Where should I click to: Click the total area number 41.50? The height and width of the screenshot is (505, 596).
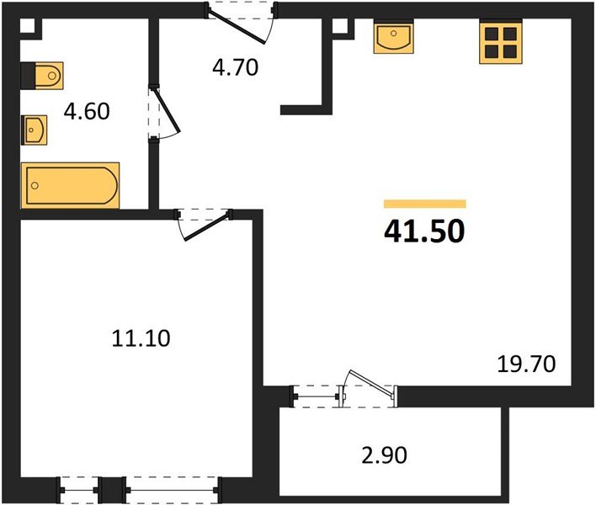click(x=423, y=231)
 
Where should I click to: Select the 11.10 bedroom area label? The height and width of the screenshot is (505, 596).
click(x=141, y=338)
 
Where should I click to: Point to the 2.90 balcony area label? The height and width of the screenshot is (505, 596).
click(x=384, y=456)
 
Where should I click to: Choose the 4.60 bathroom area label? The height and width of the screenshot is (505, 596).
click(x=88, y=111)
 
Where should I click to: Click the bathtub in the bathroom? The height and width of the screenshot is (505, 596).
click(x=70, y=184)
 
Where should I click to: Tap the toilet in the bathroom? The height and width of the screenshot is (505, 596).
click(x=41, y=76)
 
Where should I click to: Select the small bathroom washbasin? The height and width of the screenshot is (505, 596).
click(x=35, y=130)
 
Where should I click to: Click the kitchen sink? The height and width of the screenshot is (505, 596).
click(x=392, y=38)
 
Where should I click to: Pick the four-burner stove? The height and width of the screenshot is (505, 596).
click(x=500, y=42)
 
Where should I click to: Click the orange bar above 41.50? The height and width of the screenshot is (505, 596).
click(x=424, y=204)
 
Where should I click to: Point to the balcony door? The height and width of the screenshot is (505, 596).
click(x=367, y=389)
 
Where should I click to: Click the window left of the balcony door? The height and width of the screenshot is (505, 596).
click(x=313, y=392)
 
